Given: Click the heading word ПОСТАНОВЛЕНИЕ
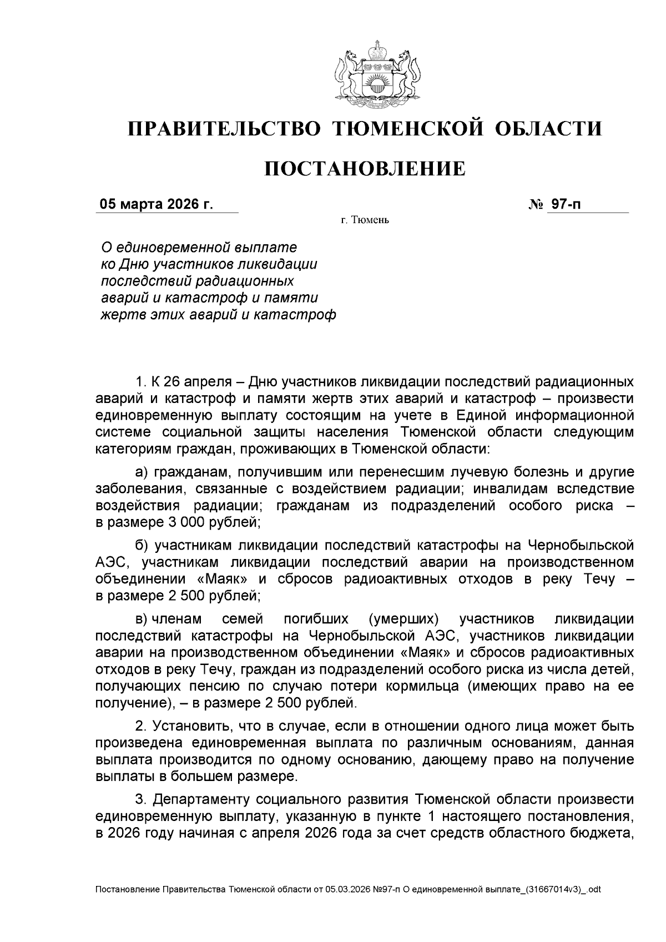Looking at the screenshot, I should [365, 168].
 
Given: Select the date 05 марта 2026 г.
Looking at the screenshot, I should [156, 204].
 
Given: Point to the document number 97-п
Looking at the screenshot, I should [565, 204].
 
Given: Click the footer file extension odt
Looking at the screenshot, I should [594, 889].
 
